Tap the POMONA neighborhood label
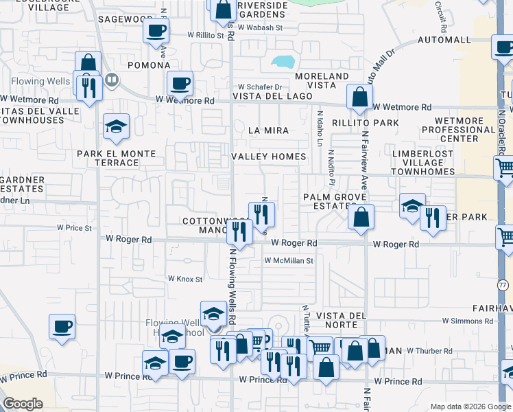click(148, 65)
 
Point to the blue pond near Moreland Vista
click(283, 62)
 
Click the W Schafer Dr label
click(260, 87)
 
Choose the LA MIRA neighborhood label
click(268, 130)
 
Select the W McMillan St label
click(289, 261)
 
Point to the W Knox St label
click(185, 279)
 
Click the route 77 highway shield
click(503, 284)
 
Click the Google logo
click(23, 404)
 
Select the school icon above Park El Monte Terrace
click(117, 126)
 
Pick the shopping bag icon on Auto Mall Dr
click(359, 97)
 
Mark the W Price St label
click(74, 227)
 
